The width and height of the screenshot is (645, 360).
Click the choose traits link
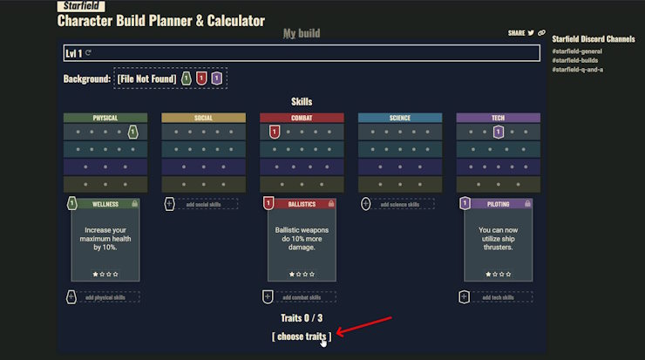(x=302, y=336)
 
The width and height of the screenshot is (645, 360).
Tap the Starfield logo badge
(x=80, y=6)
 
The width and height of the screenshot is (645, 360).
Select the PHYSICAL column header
(x=105, y=118)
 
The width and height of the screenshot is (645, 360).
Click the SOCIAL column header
(x=203, y=118)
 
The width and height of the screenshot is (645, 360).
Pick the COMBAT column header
(x=302, y=118)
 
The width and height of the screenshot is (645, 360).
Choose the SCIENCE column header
(x=399, y=118)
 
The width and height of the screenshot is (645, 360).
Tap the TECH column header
(x=498, y=118)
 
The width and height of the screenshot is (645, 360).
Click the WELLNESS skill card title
(x=105, y=204)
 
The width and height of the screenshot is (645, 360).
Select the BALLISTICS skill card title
(x=302, y=204)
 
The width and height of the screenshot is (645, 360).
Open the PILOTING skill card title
(x=498, y=204)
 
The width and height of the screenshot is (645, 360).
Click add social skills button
(x=203, y=204)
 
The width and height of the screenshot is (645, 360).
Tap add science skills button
(x=399, y=204)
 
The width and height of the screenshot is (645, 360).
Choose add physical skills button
(x=105, y=297)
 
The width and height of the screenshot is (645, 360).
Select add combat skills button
(x=302, y=297)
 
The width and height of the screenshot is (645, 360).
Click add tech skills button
(x=498, y=297)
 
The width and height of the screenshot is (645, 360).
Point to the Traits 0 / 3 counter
(x=302, y=318)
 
